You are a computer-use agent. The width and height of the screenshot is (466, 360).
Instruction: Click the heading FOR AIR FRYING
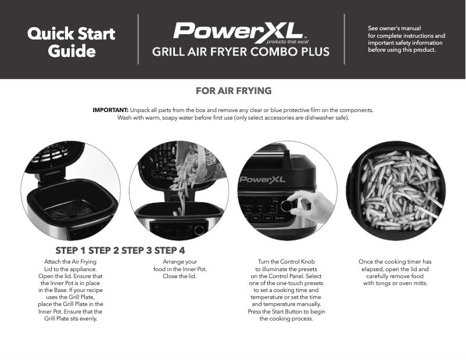(x=234, y=91)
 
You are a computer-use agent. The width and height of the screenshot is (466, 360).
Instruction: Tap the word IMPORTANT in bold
(x=110, y=110)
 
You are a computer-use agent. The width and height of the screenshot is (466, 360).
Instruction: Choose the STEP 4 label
(x=170, y=251)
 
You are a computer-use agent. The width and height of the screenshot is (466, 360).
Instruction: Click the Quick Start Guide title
(x=71, y=42)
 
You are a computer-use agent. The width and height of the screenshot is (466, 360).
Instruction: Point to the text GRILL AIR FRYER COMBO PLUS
(x=241, y=52)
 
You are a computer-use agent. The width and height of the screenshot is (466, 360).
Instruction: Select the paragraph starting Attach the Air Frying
(x=70, y=290)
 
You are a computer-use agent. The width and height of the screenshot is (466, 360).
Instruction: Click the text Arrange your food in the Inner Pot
(x=180, y=269)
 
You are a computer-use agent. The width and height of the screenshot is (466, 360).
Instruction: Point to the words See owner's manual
(x=395, y=28)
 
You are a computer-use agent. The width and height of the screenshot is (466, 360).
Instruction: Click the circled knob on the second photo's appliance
(x=199, y=231)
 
